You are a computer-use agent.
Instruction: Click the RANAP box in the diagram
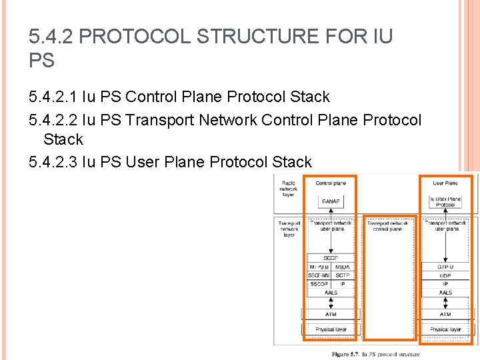point(331,201)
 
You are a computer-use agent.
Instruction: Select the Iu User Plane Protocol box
point(445,201)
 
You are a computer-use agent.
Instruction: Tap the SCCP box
point(331,258)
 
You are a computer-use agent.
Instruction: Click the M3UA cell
point(342,267)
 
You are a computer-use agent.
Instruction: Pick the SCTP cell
point(342,275)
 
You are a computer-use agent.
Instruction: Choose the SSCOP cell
point(318,284)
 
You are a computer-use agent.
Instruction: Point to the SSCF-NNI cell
point(318,275)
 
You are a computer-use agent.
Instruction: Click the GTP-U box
point(445,267)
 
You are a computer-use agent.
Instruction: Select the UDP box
point(445,275)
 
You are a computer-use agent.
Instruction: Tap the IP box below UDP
point(445,284)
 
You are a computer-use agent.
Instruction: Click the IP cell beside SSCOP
point(342,284)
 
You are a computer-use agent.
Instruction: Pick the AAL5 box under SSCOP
point(331,293)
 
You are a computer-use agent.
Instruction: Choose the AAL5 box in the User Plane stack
point(445,293)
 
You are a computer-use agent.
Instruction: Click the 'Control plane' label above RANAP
point(331,183)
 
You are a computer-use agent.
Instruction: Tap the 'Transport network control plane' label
point(387,226)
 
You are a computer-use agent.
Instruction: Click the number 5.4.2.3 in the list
point(56,162)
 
